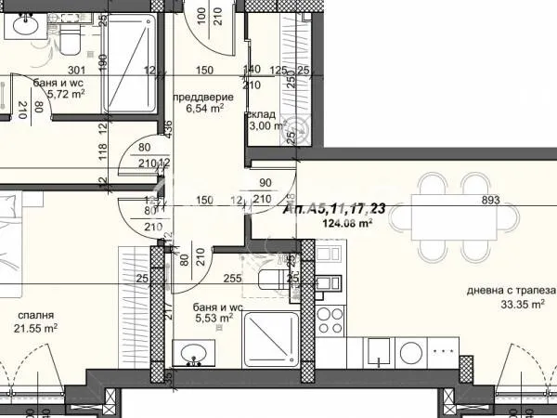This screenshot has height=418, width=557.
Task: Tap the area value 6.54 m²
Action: click(205, 109)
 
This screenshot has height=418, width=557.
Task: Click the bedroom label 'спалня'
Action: click(34, 315)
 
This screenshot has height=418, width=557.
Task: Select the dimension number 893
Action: click(490, 200)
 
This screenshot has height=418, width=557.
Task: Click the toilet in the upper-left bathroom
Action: click(69, 37)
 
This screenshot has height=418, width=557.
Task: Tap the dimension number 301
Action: click(77, 70)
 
